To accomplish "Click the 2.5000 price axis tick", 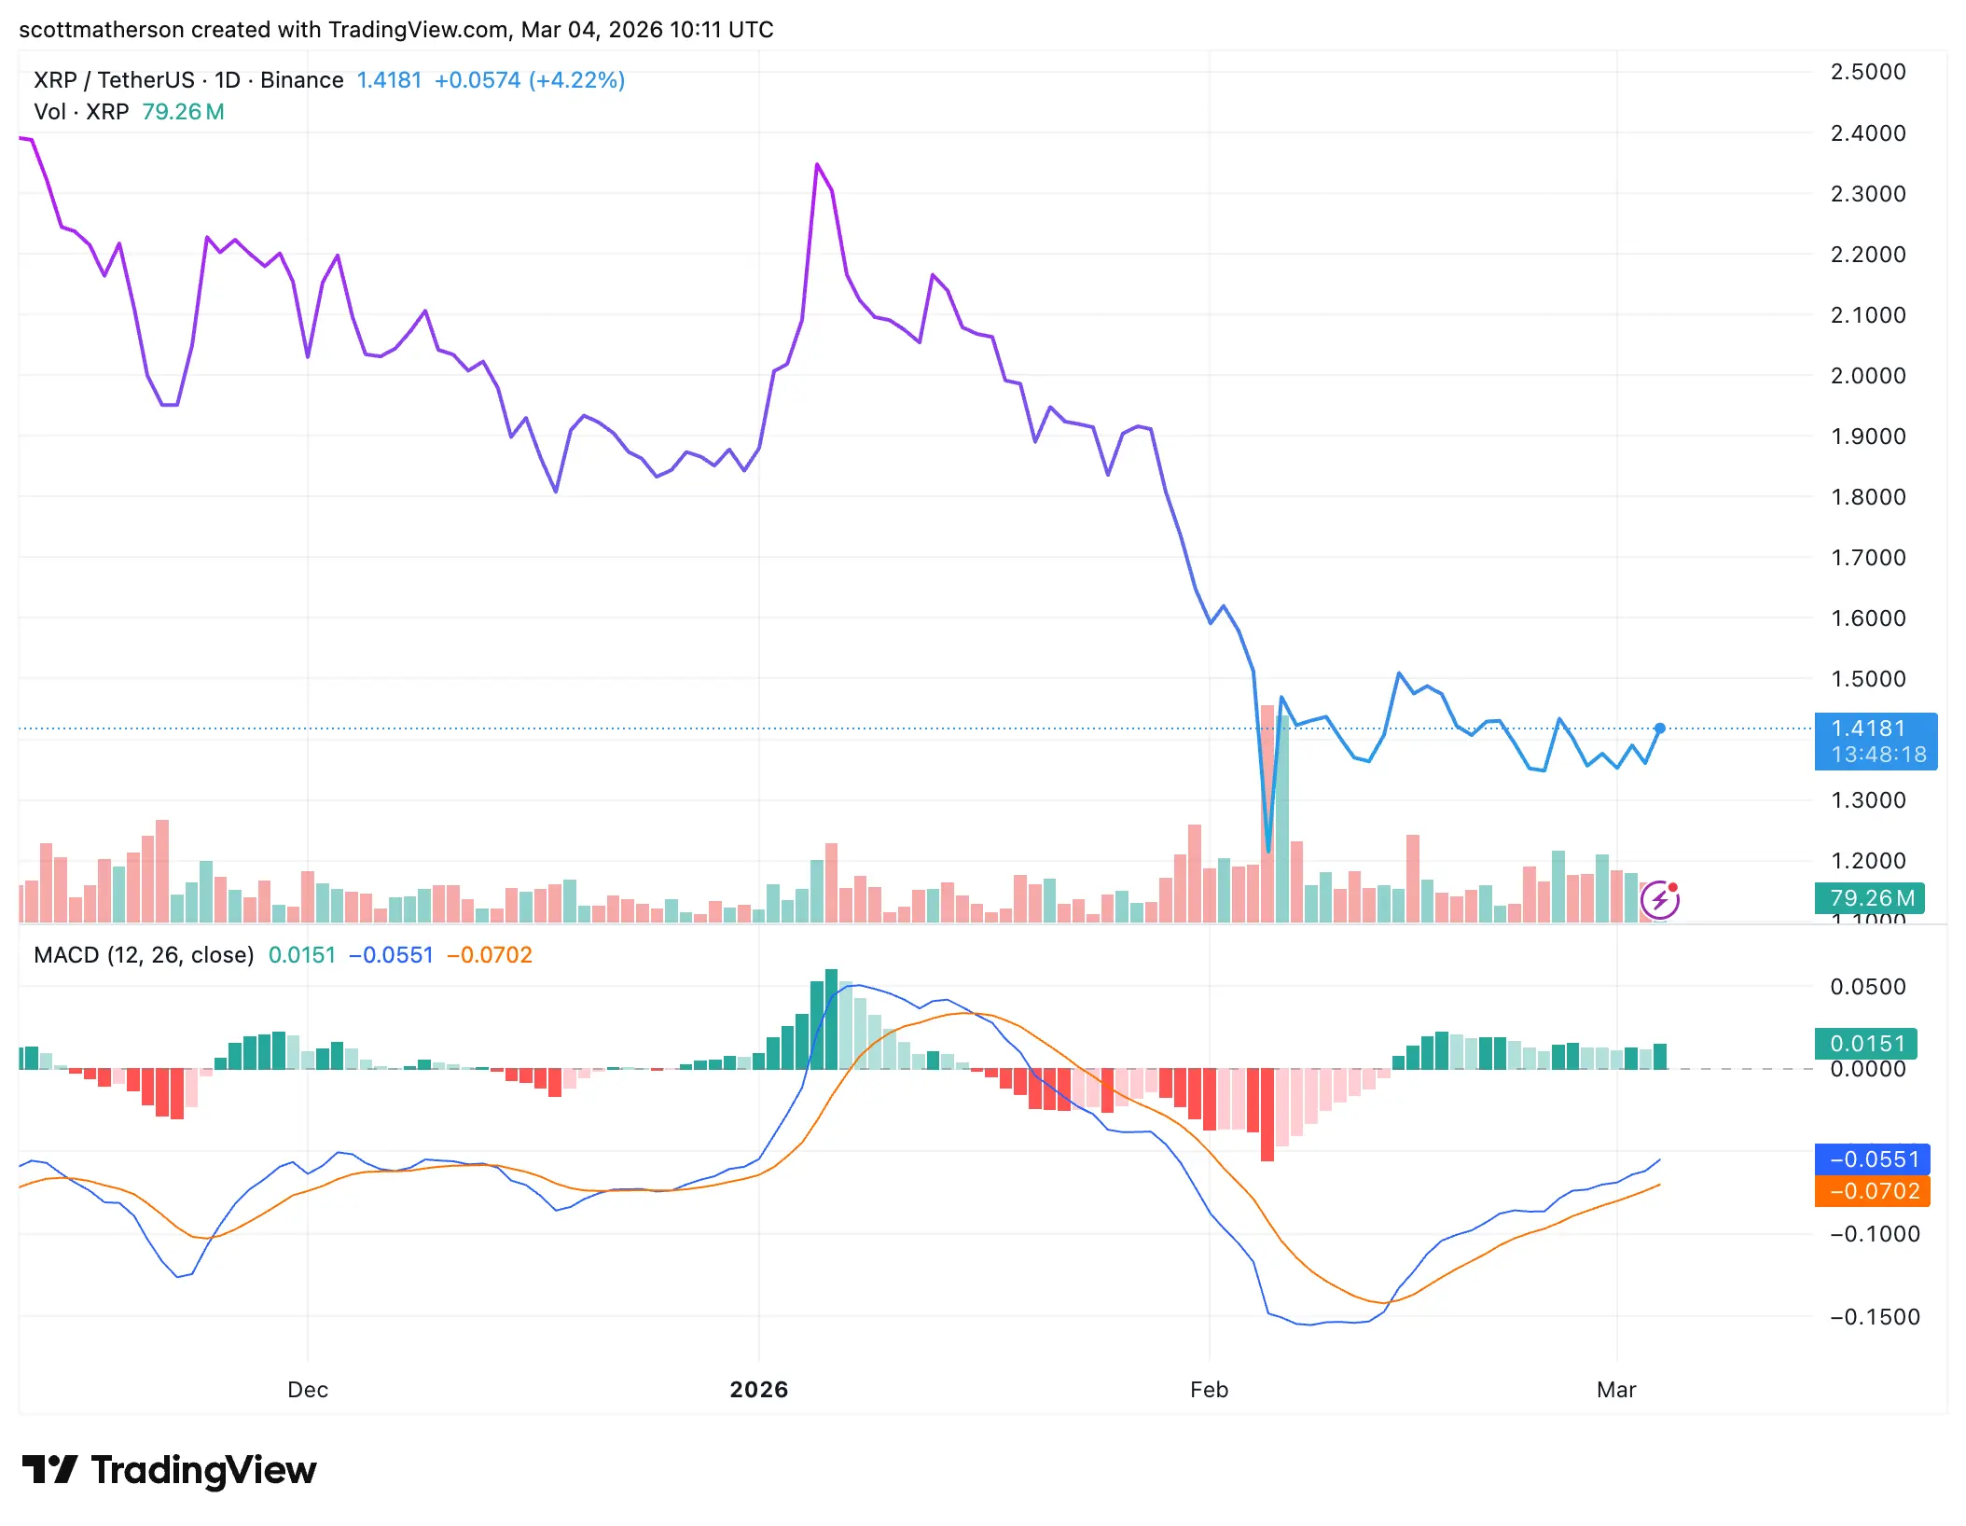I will tap(1867, 72).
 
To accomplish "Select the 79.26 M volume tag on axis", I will tap(1871, 898).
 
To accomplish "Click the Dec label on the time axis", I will tap(308, 1390).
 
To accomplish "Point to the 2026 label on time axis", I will tap(758, 1390).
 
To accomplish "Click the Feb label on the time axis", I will tap(1209, 1390).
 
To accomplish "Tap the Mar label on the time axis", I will tap(1615, 1390).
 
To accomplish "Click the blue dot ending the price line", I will tap(1660, 728).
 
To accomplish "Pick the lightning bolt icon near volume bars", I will tap(1660, 900).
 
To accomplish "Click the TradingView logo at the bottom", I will tap(170, 1471).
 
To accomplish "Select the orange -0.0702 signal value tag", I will tap(1872, 1191).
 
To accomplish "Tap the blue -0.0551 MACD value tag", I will tap(1872, 1159).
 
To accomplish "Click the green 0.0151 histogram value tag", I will tap(1865, 1044).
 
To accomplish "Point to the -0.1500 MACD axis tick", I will tap(1875, 1317).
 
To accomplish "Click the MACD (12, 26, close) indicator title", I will tap(144, 955).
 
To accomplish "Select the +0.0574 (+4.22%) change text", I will tap(529, 80).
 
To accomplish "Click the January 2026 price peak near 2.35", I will tap(817, 165).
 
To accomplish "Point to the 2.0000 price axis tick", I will tap(1867, 376).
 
